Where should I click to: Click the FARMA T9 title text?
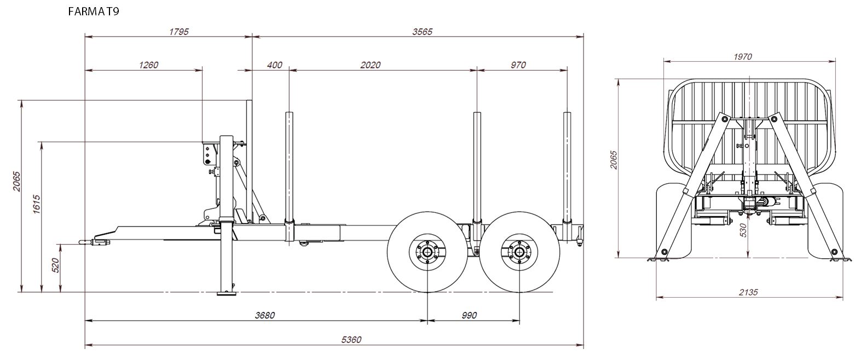point(94,11)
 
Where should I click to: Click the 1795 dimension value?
point(178,32)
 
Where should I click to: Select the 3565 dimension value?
point(422,32)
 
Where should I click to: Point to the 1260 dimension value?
point(148,65)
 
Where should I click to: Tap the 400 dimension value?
point(274,65)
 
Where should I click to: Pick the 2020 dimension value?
point(370,65)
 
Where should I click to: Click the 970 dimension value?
point(518,65)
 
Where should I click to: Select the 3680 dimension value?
point(264,315)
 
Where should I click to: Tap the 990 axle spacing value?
point(469,315)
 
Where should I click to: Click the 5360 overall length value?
point(351,339)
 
